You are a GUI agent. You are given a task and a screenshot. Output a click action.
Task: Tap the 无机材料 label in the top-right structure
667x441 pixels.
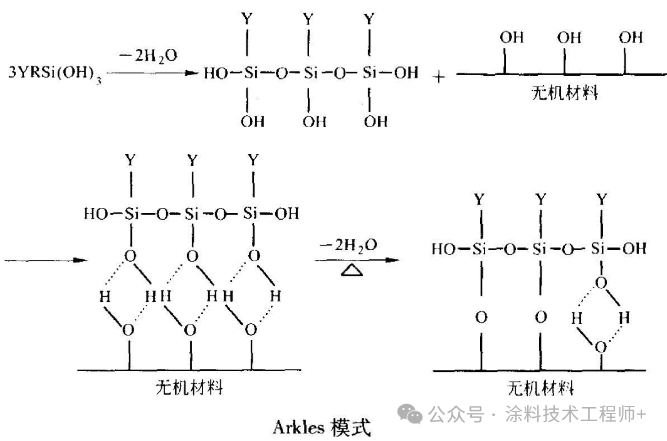pyautogui.click(x=564, y=93)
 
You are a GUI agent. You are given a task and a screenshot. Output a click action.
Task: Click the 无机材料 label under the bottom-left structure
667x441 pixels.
pyautogui.click(x=189, y=387)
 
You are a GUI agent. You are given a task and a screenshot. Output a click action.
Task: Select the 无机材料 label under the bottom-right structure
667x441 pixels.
pyautogui.click(x=540, y=388)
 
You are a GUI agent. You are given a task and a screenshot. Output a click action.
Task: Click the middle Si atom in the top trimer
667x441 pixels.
pyautogui.click(x=310, y=73)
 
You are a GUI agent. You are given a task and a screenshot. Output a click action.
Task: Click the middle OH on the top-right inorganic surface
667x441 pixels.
pyautogui.click(x=569, y=38)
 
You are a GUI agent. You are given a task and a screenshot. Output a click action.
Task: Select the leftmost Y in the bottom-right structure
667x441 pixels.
pyautogui.click(x=480, y=200)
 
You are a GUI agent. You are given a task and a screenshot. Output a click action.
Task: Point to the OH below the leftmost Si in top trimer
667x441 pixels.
pyautogui.click(x=253, y=121)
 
